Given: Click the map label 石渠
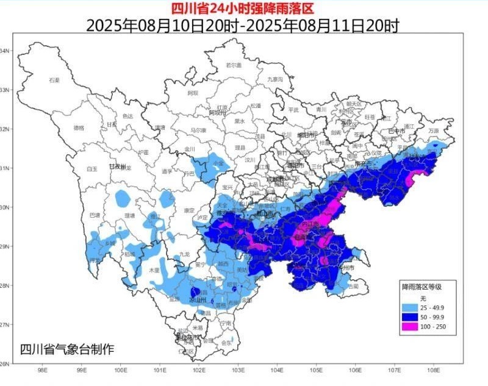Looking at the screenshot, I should pos(54,80).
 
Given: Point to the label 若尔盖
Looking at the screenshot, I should pos(234,65).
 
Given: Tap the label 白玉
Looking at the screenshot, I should pos(92,168).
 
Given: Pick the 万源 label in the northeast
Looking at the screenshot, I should pos(433,130).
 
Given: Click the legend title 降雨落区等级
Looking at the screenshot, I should pos(420,285).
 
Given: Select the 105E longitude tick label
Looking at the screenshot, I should pos(316,370).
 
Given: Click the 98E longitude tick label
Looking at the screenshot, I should pos(43,370).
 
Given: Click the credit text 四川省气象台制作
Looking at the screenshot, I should pos(67,349).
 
